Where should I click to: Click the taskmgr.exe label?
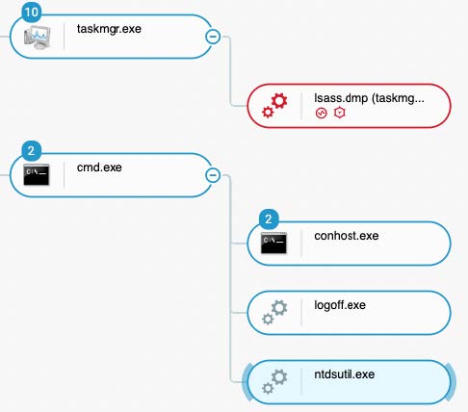[109, 29]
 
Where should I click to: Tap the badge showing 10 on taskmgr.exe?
[32, 13]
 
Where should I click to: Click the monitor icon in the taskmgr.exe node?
[38, 37]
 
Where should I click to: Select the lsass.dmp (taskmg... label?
[369, 98]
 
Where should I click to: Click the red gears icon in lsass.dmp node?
[274, 105]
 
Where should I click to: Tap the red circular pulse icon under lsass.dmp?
[321, 114]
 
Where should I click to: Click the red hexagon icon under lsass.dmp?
[340, 113]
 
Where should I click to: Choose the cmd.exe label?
[99, 167]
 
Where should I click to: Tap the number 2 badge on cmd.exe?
[32, 151]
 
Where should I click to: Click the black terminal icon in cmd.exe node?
[37, 175]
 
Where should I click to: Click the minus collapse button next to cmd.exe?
[213, 175]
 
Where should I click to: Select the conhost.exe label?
[347, 236]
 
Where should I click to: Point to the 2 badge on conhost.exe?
[269, 219]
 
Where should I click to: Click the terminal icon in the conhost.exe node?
[273, 244]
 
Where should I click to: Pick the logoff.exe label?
[340, 305]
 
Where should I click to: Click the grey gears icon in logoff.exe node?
[274, 313]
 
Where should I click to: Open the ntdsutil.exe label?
[345, 374]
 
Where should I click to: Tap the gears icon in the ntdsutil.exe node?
[274, 382]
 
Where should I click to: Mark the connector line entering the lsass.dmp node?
[230, 71]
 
